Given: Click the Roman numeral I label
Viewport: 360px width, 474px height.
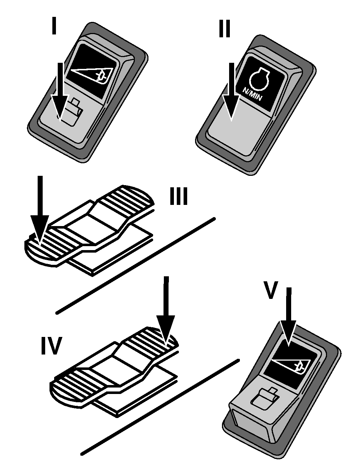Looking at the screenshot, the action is tap(54, 26).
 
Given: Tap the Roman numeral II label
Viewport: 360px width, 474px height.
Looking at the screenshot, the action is tap(224, 29).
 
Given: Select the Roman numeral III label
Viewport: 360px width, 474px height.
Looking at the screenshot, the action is tap(179, 196).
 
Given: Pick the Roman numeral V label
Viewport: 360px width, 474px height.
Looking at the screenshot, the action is tap(271, 290).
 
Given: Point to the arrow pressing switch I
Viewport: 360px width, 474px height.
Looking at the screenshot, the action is tap(60, 92).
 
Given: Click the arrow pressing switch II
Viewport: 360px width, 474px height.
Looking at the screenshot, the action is tap(231, 92).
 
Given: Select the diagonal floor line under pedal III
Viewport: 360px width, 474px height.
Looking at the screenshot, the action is tap(136, 266).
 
